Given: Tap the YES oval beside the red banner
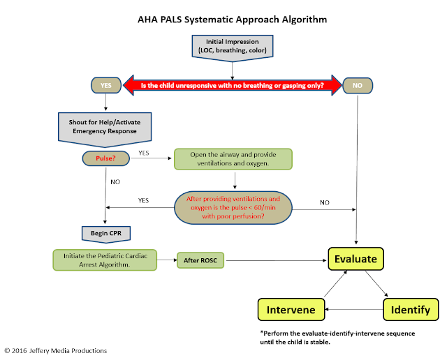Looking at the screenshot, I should tap(107, 85).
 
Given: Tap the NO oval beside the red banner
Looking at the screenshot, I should tap(357, 85).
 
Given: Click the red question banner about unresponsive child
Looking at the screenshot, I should tap(232, 85).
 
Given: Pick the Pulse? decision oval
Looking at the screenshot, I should tap(105, 158).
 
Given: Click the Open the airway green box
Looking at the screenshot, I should tap(232, 159).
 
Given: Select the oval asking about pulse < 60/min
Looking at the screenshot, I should tap(232, 207).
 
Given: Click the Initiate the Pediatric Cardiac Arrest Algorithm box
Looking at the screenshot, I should tap(105, 261).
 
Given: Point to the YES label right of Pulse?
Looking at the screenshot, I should tap(143, 153).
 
